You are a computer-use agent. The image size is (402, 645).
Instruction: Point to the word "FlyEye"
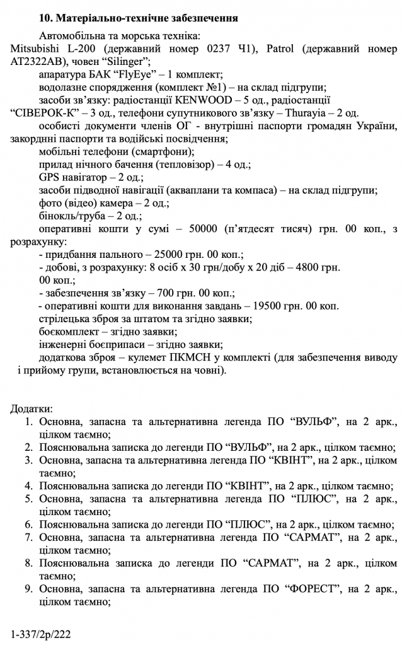coord(137,74)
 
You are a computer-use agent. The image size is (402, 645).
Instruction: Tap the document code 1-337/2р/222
coord(42,632)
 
